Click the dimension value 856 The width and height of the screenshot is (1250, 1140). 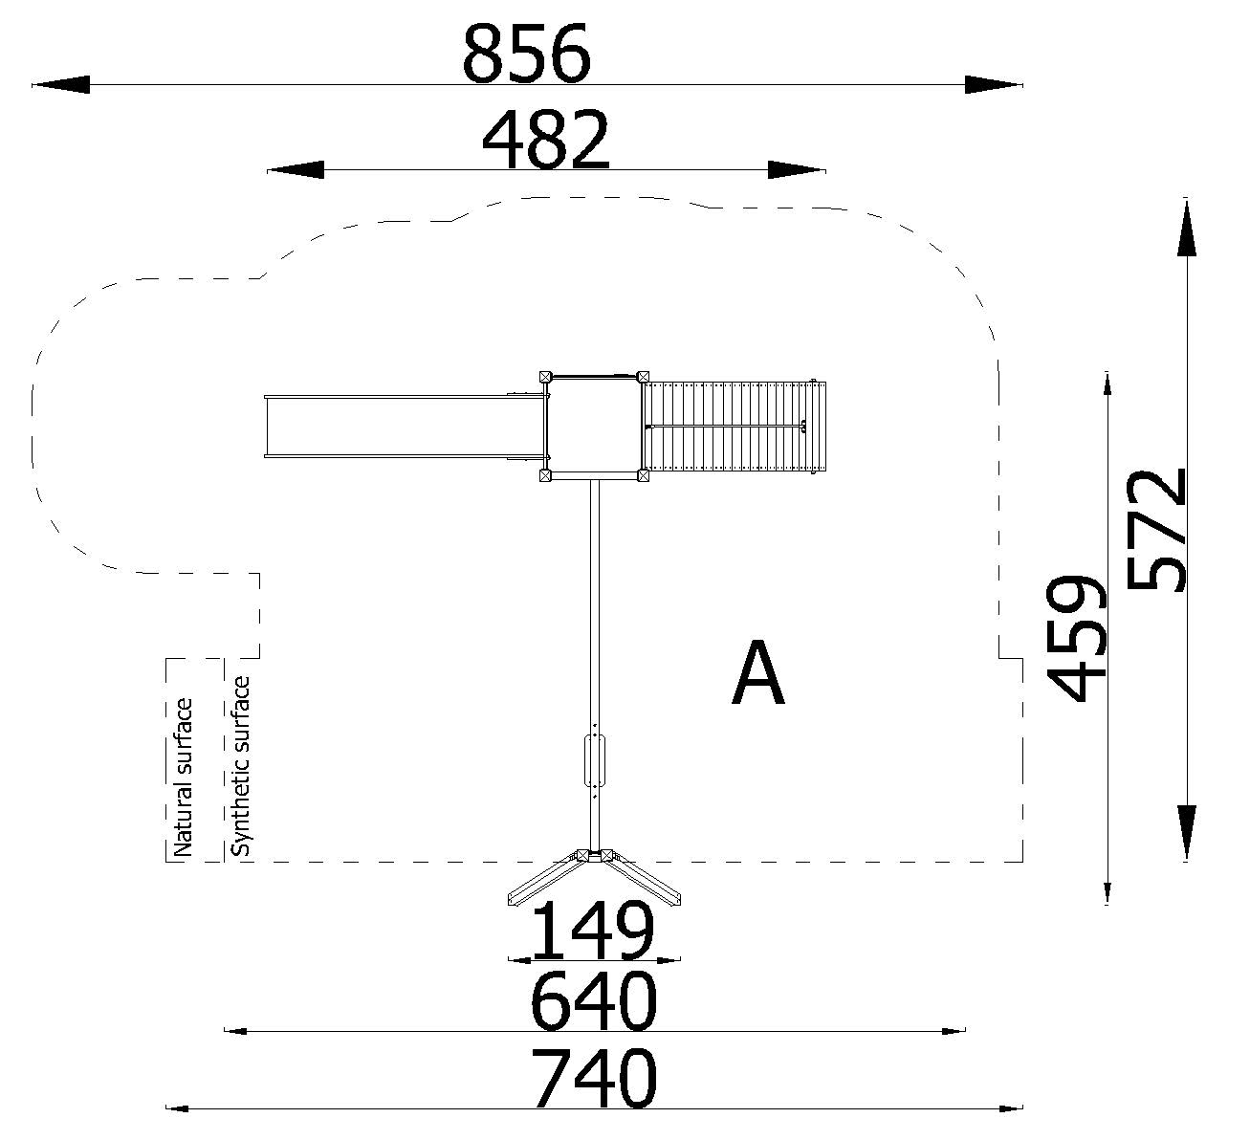pyautogui.click(x=526, y=55)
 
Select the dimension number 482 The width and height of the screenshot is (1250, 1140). pyautogui.click(x=545, y=140)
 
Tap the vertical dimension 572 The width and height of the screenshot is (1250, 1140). pyautogui.click(x=1155, y=530)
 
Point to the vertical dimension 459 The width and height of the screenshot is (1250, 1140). pyautogui.click(x=1076, y=638)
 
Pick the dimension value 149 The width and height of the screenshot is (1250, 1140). pyautogui.click(x=592, y=932)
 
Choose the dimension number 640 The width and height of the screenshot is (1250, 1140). pyautogui.click(x=594, y=1001)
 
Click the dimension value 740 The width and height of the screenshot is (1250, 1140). pyautogui.click(x=594, y=1078)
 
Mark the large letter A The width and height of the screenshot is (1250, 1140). pyautogui.click(x=758, y=675)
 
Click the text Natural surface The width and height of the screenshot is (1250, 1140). pyautogui.click(x=182, y=777)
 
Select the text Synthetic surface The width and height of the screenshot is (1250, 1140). pyautogui.click(x=241, y=766)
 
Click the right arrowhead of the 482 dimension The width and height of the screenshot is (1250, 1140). pyautogui.click(x=797, y=170)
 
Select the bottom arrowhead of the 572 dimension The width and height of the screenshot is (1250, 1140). pyautogui.click(x=1186, y=832)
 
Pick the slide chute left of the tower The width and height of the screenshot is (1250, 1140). pyautogui.click(x=402, y=427)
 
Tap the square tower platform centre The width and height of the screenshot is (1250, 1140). pyautogui.click(x=593, y=426)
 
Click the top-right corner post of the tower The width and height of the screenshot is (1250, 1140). pyautogui.click(x=643, y=377)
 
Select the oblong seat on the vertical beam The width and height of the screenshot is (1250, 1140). pyautogui.click(x=594, y=760)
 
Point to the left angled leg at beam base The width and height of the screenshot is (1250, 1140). pyautogui.click(x=543, y=880)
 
